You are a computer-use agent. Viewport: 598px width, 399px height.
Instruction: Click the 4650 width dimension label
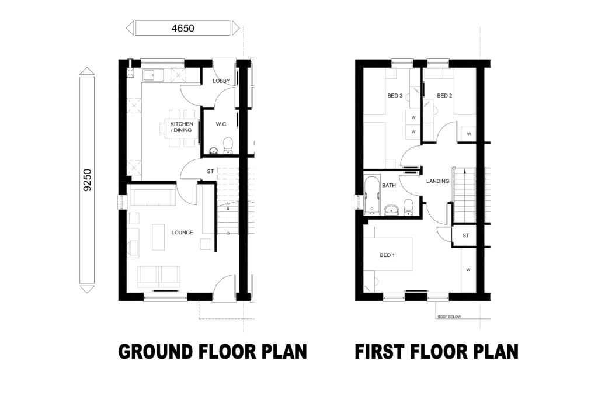tap(182, 27)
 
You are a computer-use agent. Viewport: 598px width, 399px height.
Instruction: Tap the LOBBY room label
tap(221, 81)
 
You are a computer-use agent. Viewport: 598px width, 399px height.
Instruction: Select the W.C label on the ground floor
tap(221, 124)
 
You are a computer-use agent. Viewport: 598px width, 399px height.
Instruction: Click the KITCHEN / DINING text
tap(181, 127)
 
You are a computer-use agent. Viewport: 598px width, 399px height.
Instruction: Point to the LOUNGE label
tap(182, 232)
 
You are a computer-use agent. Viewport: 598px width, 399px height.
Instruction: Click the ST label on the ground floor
tap(210, 172)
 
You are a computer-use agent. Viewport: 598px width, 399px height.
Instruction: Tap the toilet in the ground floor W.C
tap(228, 144)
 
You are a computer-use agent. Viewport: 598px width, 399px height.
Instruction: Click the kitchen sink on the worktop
tap(150, 74)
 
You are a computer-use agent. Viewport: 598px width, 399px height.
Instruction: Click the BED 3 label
tap(395, 96)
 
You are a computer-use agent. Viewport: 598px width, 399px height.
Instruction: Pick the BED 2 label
tap(444, 96)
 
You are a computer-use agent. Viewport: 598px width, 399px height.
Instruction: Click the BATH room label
tap(389, 185)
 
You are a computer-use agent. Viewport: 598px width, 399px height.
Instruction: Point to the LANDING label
tap(437, 181)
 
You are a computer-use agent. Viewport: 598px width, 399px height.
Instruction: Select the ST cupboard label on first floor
tap(465, 235)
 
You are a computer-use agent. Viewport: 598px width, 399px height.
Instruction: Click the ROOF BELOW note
tap(449, 317)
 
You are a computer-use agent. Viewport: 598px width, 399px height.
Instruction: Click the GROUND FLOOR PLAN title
tap(213, 352)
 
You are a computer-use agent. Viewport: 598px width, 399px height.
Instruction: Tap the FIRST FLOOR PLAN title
tap(436, 352)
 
